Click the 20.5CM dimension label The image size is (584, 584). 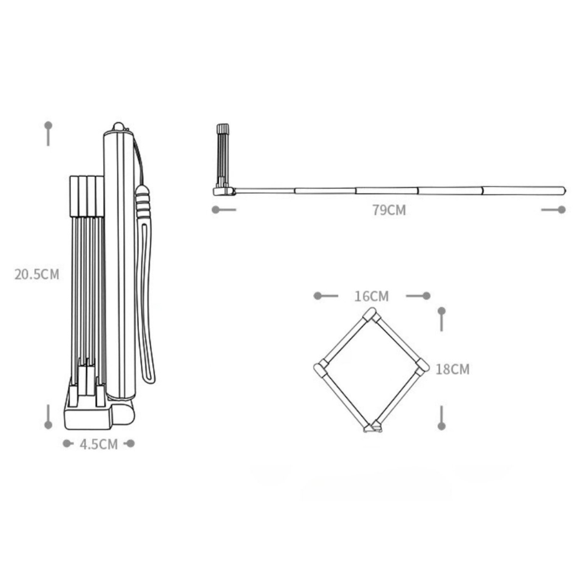(37, 275)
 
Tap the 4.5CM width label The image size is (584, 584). (99, 444)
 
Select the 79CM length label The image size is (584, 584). (389, 210)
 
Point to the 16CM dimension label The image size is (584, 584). (371, 296)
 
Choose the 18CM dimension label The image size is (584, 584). (453, 369)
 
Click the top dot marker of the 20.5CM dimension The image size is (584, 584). (48, 125)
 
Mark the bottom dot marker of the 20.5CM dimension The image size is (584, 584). (48, 425)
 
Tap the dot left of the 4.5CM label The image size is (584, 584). (67, 443)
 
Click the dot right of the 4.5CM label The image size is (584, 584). (131, 443)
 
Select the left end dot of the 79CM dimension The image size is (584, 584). (215, 210)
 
